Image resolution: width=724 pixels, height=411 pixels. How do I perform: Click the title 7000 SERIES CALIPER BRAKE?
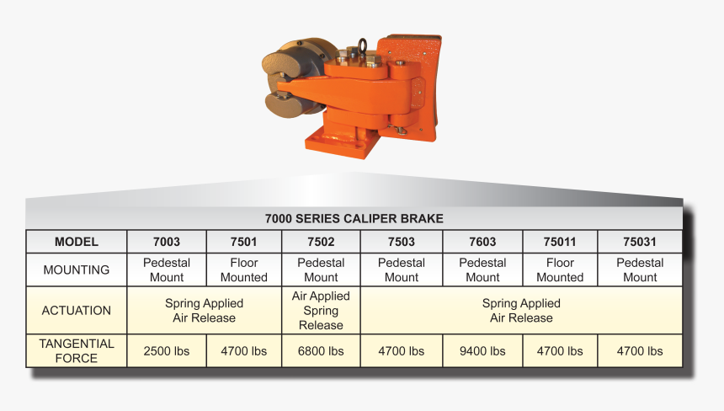click(x=354, y=218)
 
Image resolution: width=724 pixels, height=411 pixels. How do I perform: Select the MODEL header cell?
click(x=77, y=242)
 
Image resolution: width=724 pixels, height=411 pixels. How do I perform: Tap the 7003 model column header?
click(x=167, y=242)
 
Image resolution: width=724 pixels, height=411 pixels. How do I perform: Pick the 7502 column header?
click(x=321, y=242)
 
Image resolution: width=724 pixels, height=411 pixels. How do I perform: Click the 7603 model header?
click(x=482, y=242)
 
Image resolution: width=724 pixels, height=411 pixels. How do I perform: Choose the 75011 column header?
click(x=560, y=242)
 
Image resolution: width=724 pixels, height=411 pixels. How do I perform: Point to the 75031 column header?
click(x=640, y=242)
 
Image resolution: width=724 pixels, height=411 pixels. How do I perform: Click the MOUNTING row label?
click(x=77, y=270)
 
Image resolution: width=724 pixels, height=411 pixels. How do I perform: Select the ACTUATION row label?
click(x=77, y=310)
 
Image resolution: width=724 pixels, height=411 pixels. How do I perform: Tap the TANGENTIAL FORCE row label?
click(x=77, y=350)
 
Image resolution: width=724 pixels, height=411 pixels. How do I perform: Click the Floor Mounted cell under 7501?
click(x=243, y=270)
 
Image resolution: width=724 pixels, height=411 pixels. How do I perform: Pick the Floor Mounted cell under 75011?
click(x=560, y=270)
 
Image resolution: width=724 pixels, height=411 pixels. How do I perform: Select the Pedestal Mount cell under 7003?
click(x=167, y=270)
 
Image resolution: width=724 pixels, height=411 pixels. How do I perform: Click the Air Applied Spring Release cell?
click(x=321, y=310)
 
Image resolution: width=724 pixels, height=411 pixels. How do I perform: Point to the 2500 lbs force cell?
click(x=167, y=350)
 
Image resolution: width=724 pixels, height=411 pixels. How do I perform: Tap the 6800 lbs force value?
click(x=321, y=350)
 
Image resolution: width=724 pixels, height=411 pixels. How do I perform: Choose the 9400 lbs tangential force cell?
click(x=482, y=350)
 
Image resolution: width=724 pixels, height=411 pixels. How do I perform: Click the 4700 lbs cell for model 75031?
click(x=640, y=350)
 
